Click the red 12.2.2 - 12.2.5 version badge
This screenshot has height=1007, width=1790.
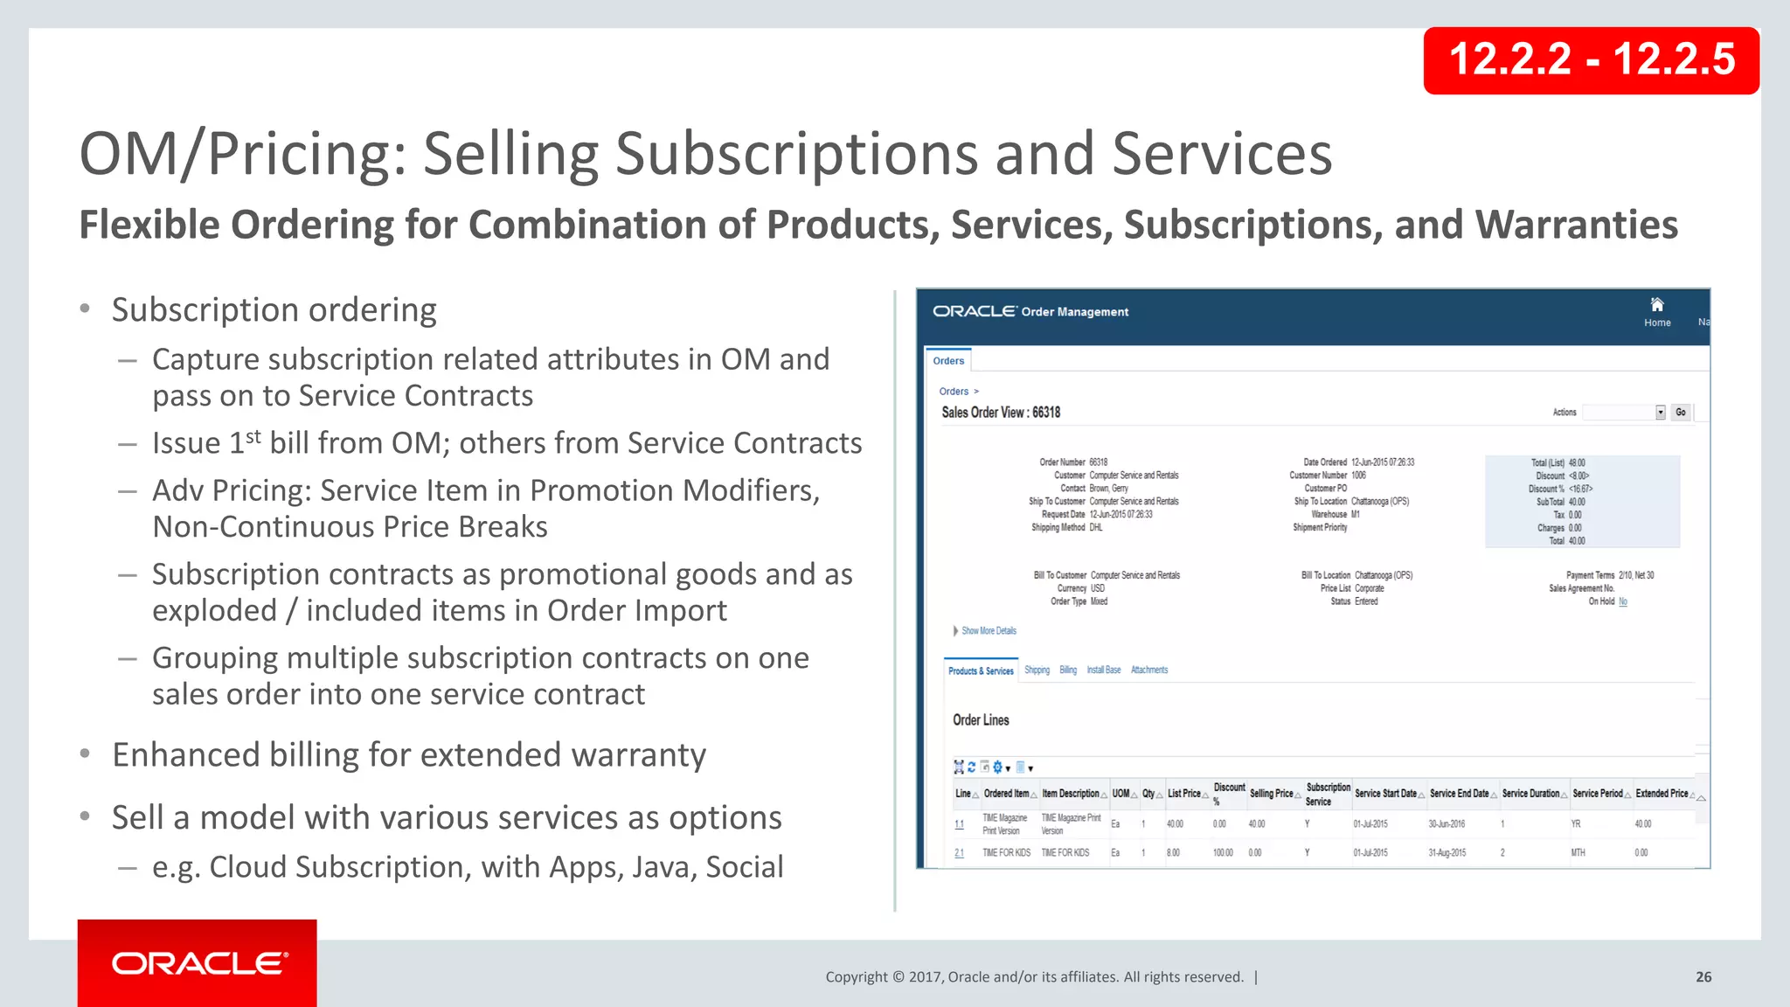pos(1591,60)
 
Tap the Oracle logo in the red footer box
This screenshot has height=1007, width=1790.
pos(198,963)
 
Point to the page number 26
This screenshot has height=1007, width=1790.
pos(1703,977)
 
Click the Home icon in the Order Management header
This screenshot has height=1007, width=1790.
pos(1656,305)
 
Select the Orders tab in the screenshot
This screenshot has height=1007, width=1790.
pos(948,361)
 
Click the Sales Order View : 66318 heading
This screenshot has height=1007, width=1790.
pos(1001,413)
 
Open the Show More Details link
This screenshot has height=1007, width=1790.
pos(989,631)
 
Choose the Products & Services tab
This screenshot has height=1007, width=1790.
pos(981,671)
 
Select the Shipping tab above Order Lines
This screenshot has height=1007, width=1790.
pos(1037,670)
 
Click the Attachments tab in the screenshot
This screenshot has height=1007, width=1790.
pos(1148,670)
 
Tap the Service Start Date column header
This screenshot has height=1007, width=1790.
pos(1385,794)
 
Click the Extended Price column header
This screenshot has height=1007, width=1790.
pos(1662,794)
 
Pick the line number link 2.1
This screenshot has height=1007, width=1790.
pos(959,853)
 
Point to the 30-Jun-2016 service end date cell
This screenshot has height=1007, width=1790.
pos(1447,824)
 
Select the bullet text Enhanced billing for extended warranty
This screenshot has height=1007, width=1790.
pos(409,755)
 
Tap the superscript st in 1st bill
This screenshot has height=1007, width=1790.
pos(253,435)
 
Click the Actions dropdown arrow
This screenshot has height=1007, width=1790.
pos(1660,413)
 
